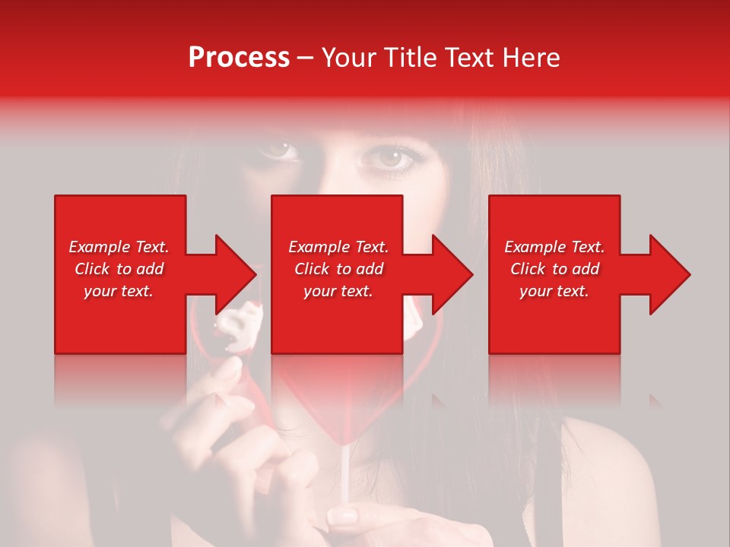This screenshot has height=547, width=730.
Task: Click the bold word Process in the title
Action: pos(239,58)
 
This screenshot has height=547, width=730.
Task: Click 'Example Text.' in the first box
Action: pos(119,247)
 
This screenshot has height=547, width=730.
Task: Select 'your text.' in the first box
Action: pos(119,291)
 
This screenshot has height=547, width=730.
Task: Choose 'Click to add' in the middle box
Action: pos(338,269)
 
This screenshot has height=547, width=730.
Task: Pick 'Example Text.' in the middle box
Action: pos(338,247)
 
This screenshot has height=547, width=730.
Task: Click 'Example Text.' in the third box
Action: pos(554,247)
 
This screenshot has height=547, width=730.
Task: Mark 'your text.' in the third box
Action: pos(554,291)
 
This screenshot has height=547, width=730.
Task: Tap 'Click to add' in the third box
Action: pos(554,269)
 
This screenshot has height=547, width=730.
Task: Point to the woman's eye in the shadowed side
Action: pos(279,150)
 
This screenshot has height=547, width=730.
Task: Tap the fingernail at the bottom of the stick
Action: pos(344,517)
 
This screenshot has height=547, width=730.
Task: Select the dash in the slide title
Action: pos(305,58)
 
